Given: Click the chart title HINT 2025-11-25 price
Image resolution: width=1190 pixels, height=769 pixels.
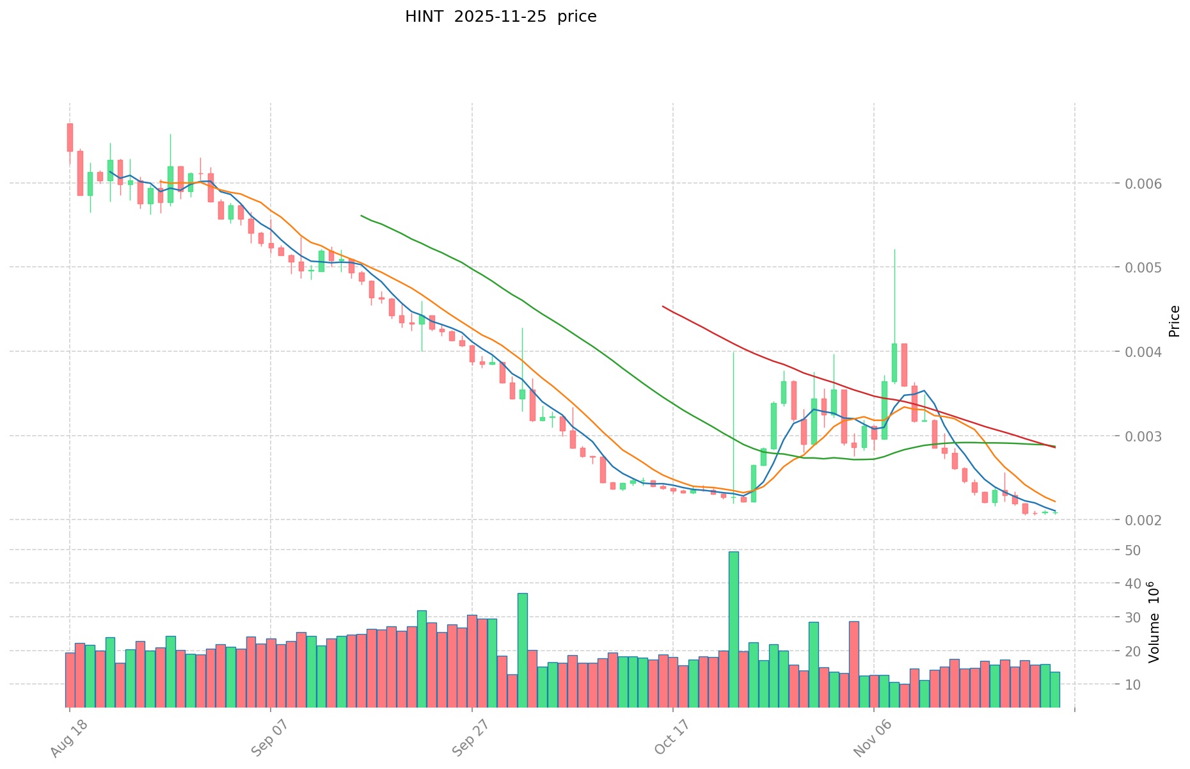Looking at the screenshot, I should (x=500, y=17).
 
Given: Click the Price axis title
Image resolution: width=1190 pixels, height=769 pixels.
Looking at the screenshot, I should (x=1174, y=321).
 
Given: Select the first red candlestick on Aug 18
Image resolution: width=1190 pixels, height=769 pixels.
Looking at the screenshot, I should (x=70, y=137).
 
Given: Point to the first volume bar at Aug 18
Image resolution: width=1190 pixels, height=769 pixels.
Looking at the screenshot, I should (x=70, y=679).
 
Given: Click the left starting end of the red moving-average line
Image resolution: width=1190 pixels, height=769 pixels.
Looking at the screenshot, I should (x=663, y=306).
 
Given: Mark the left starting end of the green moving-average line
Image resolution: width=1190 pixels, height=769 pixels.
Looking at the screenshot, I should (x=361, y=216).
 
